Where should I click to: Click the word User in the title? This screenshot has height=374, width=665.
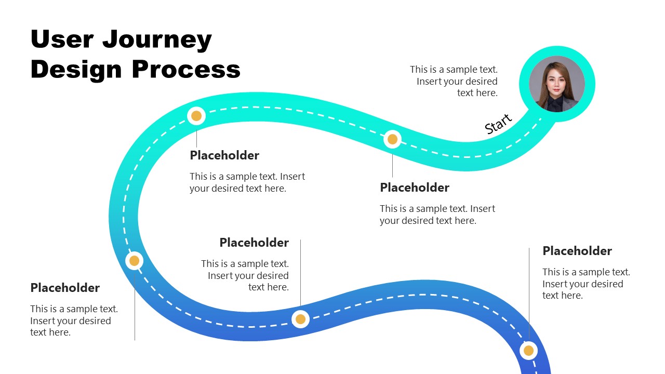pos(62,39)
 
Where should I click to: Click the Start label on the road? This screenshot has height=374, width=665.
pos(498,124)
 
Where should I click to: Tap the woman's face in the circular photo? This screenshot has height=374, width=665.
pos(555,83)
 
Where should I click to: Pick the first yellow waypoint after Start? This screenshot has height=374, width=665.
pos(393,139)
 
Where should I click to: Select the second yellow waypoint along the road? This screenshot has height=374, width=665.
pos(196,116)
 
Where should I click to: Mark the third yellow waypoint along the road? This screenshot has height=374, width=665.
pos(134,261)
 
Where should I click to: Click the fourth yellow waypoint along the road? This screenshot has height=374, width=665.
pos(300,319)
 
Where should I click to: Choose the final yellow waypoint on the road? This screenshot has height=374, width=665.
pos(528,351)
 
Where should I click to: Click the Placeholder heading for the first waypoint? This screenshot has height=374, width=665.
pos(414,188)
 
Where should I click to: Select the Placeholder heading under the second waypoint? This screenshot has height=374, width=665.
pos(224,155)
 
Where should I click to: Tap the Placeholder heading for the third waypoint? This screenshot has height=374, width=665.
pos(65,288)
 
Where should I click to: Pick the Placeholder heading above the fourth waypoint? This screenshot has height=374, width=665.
pos(254,243)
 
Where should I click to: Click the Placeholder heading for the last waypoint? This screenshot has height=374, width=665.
pos(577,251)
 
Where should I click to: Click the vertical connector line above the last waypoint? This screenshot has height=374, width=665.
pos(529,291)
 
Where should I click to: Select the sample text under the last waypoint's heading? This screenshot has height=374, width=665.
pos(586,284)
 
